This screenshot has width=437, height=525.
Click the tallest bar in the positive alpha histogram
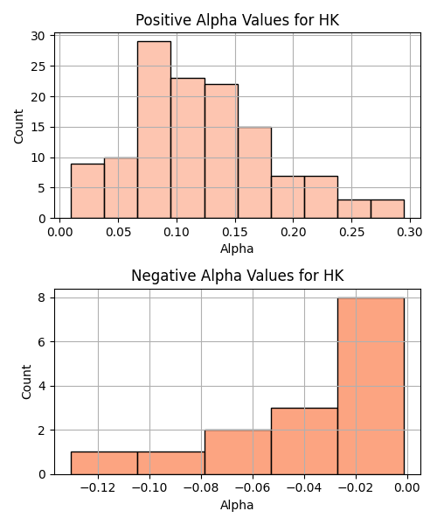[x=154, y=129]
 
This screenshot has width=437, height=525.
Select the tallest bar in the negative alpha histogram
[x=371, y=386]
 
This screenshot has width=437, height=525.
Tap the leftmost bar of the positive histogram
[x=87, y=191]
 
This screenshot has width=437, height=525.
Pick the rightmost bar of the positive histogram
[x=387, y=209]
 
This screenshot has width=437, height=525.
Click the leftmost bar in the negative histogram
[x=104, y=463]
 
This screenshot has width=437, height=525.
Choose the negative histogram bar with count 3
[x=304, y=441]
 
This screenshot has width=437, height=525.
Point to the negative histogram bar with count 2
[x=238, y=452]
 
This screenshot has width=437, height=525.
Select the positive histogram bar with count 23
[x=188, y=149]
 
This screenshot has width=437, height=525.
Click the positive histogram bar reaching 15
[x=254, y=172]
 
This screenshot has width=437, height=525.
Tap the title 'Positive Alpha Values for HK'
[x=238, y=20]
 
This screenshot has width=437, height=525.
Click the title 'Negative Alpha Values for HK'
[x=238, y=276]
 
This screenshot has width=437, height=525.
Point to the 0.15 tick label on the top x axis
[x=235, y=232]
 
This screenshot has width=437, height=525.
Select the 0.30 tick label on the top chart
[x=410, y=232]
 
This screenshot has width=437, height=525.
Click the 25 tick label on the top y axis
[x=38, y=66]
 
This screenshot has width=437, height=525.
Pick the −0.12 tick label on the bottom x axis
[x=98, y=488]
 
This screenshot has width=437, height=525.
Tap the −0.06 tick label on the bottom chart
[x=253, y=488]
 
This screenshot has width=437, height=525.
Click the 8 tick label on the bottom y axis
[x=42, y=297]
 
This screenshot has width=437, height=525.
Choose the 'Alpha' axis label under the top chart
[x=237, y=248]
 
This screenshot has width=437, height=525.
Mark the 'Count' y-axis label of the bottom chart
[x=26, y=382]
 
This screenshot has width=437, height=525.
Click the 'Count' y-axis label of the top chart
[x=18, y=126]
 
